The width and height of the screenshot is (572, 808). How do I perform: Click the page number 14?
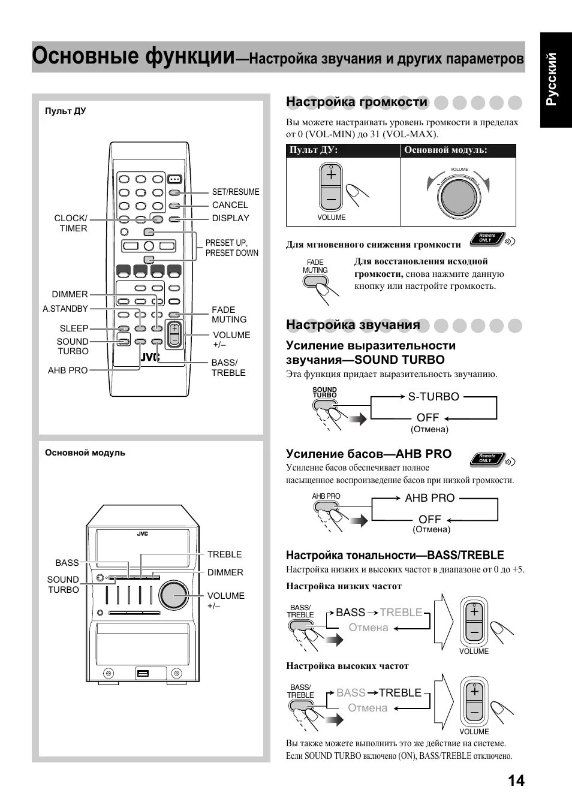click(x=516, y=780)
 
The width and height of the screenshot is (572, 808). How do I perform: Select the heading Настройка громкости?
click(x=357, y=102)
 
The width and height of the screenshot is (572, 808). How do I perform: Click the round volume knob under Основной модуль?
click(x=459, y=196)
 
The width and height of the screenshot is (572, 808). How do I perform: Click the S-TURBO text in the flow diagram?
click(x=433, y=397)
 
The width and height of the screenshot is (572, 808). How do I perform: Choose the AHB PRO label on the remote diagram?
click(x=68, y=370)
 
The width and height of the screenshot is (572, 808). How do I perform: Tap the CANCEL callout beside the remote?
click(x=230, y=205)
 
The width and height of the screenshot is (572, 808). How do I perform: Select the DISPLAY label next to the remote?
click(x=230, y=218)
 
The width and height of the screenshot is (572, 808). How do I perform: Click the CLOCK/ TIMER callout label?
click(x=71, y=223)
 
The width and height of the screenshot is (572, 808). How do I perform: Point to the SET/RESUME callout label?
click(x=236, y=192)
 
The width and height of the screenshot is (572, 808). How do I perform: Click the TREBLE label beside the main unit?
click(x=224, y=554)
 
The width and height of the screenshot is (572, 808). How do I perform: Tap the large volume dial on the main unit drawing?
click(x=174, y=594)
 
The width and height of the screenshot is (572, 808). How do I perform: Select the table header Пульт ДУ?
click(x=314, y=150)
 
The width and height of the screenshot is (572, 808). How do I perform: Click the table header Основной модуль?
click(x=445, y=150)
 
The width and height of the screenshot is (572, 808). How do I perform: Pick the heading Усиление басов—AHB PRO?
click(x=369, y=454)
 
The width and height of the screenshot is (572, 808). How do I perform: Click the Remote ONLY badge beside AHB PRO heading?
click(x=487, y=459)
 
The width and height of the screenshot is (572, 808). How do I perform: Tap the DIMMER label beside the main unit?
click(x=225, y=572)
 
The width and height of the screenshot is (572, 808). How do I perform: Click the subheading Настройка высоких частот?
click(x=347, y=666)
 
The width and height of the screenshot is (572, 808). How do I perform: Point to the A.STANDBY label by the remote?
click(x=65, y=309)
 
